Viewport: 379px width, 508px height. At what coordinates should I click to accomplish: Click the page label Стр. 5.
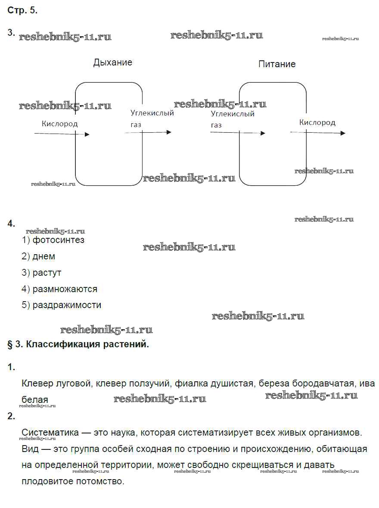(22, 11)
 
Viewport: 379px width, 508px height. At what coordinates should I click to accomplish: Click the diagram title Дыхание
(113, 62)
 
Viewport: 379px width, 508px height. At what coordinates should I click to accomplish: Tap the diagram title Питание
(277, 64)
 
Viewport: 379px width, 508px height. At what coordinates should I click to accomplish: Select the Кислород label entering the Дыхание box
(60, 124)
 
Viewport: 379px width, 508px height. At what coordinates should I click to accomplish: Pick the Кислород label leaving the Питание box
(317, 122)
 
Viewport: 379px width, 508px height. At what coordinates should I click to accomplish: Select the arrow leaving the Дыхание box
(148, 132)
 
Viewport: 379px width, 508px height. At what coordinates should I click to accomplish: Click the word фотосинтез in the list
(59, 240)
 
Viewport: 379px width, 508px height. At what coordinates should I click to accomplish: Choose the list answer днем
(44, 256)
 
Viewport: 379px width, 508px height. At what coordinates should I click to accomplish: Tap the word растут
(47, 273)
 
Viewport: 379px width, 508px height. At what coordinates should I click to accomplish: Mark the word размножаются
(65, 289)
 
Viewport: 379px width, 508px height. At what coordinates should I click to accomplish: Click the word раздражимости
(67, 305)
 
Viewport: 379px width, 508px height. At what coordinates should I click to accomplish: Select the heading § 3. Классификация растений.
(78, 344)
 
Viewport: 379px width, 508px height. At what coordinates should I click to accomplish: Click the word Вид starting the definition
(30, 449)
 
